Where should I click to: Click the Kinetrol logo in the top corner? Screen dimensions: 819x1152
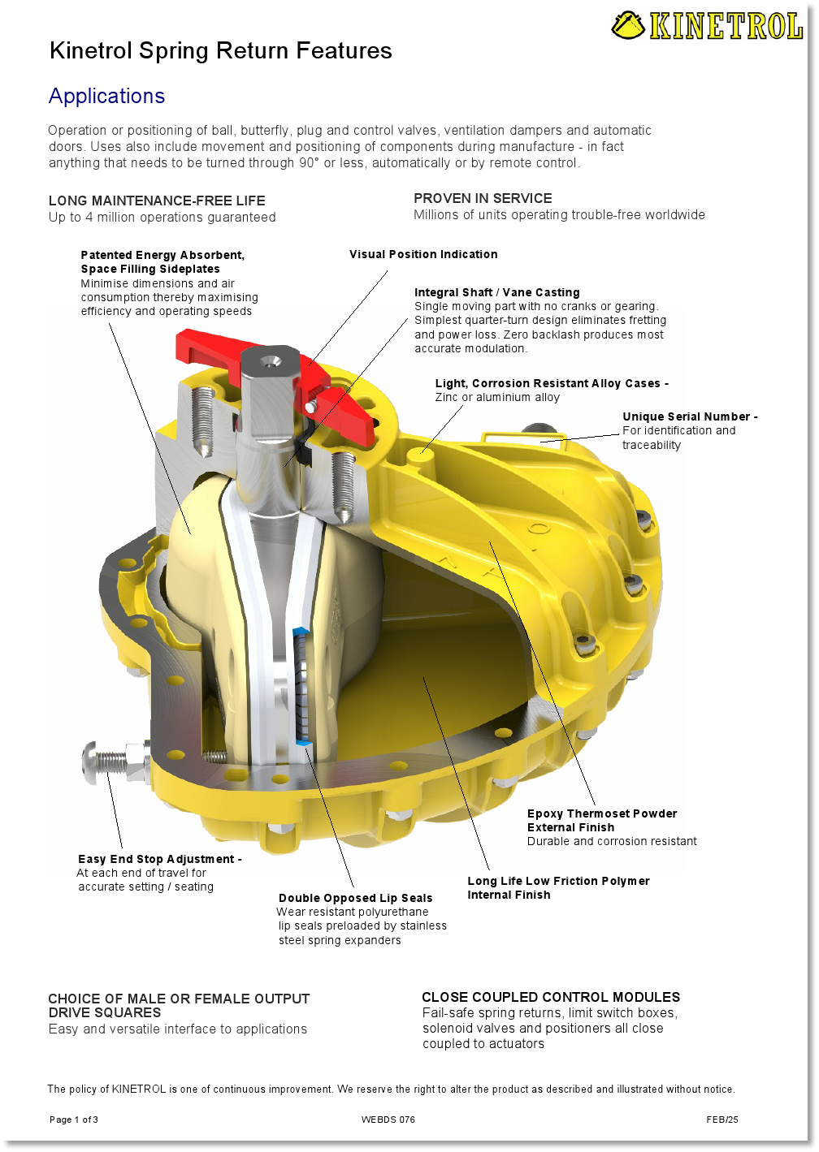tap(707, 25)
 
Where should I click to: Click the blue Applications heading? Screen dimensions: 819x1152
tap(106, 96)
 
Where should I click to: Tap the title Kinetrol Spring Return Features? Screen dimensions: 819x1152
tap(220, 51)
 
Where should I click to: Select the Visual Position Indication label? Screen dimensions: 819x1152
tap(423, 254)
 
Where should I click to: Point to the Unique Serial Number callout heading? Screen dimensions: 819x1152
tap(690, 416)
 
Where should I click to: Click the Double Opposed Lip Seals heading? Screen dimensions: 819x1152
tap(355, 898)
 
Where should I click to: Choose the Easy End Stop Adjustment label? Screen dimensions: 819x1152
tap(159, 859)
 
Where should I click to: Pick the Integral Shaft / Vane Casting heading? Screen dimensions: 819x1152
tap(496, 292)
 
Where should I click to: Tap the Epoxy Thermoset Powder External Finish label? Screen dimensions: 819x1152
tap(602, 820)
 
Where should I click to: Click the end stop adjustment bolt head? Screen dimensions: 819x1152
tap(91, 762)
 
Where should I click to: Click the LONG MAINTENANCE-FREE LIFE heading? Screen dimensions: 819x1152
tap(157, 201)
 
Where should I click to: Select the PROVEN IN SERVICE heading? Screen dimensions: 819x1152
tap(483, 199)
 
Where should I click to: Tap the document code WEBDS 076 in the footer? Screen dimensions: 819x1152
tap(388, 1119)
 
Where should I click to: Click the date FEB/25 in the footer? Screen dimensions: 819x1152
tap(721, 1119)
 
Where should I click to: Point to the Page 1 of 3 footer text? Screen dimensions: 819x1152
tap(74, 1119)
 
